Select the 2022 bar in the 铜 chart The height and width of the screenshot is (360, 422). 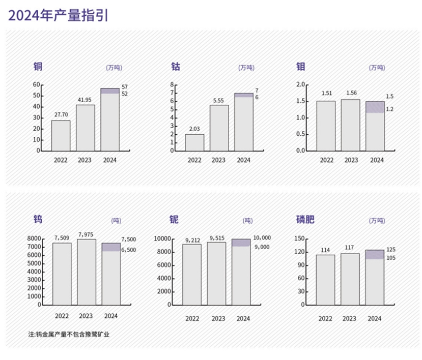tap(61, 135)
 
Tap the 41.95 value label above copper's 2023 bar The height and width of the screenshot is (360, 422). tap(86, 100)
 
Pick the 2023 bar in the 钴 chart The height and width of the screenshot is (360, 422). tap(219, 128)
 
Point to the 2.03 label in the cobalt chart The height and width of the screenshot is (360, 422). tap(194, 129)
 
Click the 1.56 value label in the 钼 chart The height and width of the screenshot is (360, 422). tap(351, 93)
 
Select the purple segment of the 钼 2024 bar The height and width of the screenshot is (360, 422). tap(375, 107)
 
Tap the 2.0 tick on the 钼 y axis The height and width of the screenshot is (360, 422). tap(300, 84)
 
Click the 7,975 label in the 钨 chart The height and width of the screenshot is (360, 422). tap(86, 234)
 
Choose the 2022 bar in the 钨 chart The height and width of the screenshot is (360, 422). tap(62, 274)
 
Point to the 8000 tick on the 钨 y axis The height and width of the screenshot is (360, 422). tap(34, 239)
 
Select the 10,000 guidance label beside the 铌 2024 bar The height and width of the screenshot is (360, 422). tap(262, 237)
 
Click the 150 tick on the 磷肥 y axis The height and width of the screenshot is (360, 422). tap(299, 239)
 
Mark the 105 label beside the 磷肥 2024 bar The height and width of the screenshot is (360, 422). tap(390, 258)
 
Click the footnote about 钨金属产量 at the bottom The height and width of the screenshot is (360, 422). tap(69, 335)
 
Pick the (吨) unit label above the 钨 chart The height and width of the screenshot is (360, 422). tap(116, 221)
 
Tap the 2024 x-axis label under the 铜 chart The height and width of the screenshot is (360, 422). tap(109, 160)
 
